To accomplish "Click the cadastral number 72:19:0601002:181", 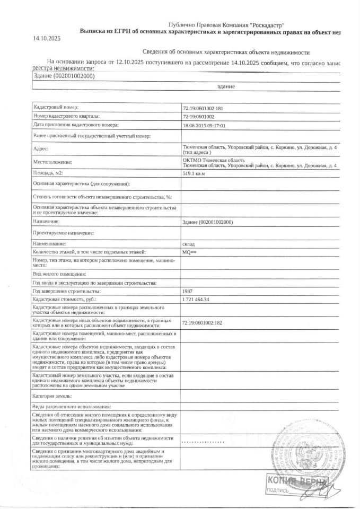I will pyautogui.click(x=204, y=108).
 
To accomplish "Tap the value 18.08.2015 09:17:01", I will pyautogui.click(x=204, y=125).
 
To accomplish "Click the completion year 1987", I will pyautogui.click(x=188, y=291).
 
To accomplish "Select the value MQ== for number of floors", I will pyautogui.click(x=189, y=252).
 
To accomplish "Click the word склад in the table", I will pyautogui.click(x=188, y=243).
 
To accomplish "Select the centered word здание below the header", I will pyautogui.click(x=226, y=86).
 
